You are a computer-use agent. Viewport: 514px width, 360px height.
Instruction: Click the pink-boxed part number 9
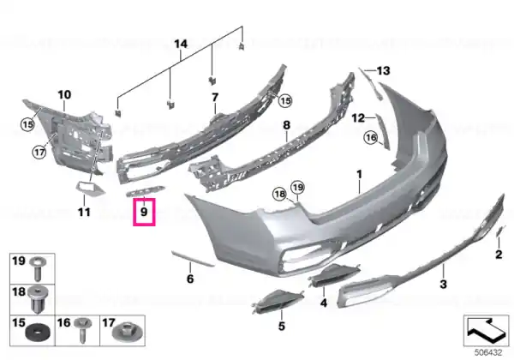(144, 212)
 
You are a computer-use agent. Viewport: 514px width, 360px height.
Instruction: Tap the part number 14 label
(181, 44)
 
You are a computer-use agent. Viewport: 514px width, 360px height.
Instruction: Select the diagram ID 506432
(488, 352)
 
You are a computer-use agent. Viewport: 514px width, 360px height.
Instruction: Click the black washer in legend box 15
(38, 333)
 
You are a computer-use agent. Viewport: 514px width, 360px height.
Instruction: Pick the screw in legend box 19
(38, 268)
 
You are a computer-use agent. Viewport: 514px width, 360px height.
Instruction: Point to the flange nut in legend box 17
(128, 332)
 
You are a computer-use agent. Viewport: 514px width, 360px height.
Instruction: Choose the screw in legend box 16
(81, 329)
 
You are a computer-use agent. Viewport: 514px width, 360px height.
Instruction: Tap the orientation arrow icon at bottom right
(486, 331)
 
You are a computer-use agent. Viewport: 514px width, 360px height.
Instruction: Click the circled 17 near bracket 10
(39, 152)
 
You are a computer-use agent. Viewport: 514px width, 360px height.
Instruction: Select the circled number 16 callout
(371, 137)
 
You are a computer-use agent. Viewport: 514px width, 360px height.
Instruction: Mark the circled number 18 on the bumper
(279, 195)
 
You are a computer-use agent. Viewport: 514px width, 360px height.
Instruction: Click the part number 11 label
(84, 212)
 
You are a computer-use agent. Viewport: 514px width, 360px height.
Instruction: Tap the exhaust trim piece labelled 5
(278, 299)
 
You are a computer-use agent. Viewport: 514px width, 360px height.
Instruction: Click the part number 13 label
(383, 70)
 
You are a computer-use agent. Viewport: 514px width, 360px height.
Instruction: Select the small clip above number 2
(500, 231)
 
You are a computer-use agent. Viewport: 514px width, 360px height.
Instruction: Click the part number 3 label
(443, 284)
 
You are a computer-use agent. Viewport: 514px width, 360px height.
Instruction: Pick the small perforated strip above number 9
(146, 191)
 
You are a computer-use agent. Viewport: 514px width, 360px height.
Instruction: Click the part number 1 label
(359, 174)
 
